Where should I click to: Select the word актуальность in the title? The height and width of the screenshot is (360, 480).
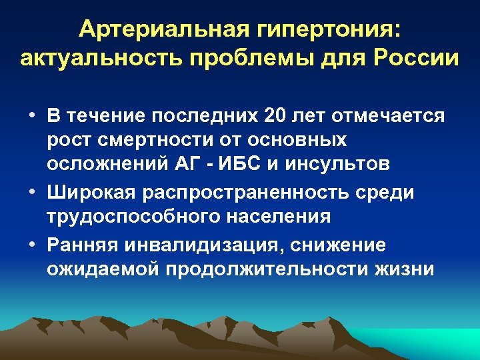tap(96, 58)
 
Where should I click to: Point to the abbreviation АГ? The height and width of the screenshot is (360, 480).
tap(190, 163)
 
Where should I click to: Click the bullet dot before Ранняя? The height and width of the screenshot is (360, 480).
tap(32, 245)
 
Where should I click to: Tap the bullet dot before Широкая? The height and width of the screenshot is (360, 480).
tap(32, 192)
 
